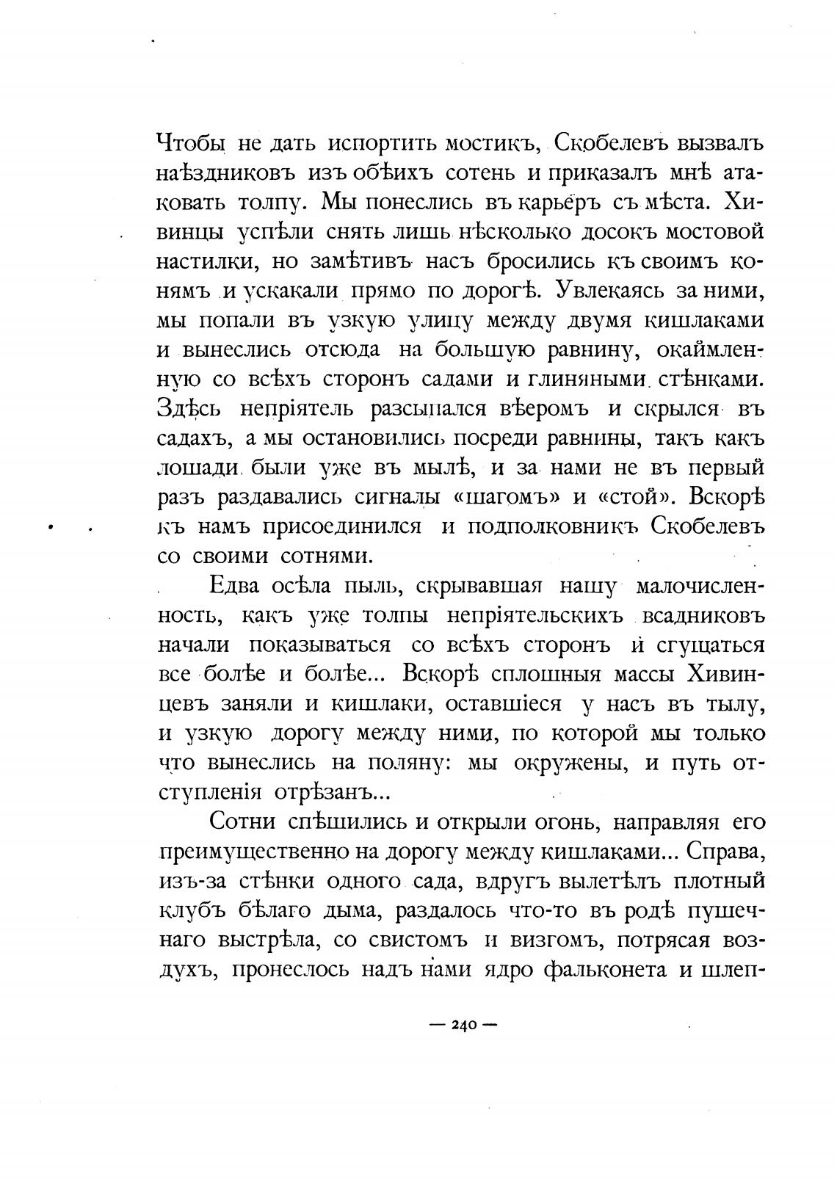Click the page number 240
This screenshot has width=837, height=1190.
[463, 1025]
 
